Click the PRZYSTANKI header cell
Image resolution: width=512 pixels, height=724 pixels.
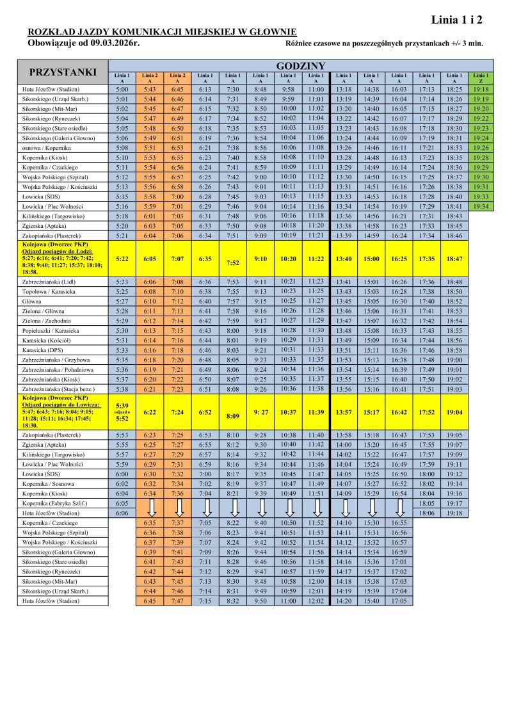63,72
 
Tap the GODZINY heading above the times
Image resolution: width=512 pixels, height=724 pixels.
301,66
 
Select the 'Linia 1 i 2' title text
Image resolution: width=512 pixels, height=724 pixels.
457,20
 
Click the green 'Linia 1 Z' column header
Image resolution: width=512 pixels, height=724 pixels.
481,78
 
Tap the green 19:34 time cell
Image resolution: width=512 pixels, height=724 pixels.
481,207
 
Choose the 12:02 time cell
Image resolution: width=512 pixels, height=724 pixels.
316,601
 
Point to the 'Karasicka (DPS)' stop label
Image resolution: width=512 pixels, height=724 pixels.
42,350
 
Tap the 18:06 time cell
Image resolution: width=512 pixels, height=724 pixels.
426,513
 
